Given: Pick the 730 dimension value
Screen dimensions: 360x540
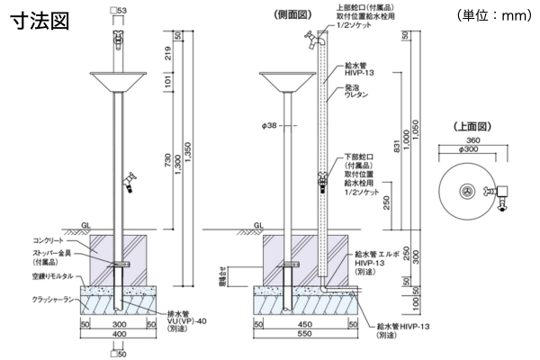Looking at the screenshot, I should [160, 158].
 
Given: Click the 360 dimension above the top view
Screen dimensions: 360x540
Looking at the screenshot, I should [466, 141].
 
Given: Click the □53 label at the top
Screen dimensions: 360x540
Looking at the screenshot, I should [118, 10].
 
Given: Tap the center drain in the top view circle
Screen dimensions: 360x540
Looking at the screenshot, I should [466, 190].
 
